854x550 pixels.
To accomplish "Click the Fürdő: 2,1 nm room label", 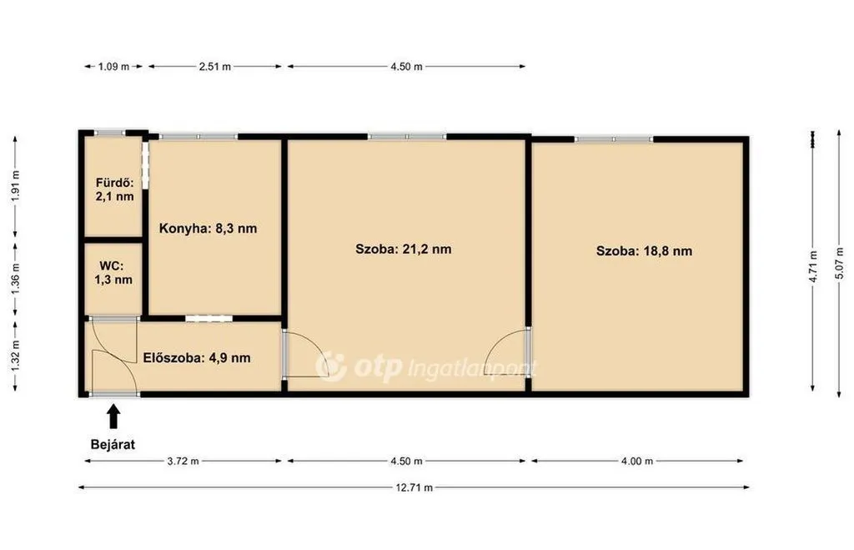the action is pyautogui.click(x=114, y=189).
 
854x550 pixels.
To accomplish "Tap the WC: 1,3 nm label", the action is pyautogui.click(x=113, y=273).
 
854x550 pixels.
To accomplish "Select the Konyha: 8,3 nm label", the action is pyautogui.click(x=208, y=229).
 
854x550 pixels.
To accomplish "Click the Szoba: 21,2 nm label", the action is pyautogui.click(x=403, y=249).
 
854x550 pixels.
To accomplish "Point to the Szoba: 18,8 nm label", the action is pyautogui.click(x=644, y=251).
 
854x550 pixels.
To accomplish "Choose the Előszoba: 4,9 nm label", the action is pyautogui.click(x=197, y=358).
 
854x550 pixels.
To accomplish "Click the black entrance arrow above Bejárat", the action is pyautogui.click(x=113, y=416).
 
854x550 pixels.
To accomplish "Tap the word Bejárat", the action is pyautogui.click(x=113, y=444).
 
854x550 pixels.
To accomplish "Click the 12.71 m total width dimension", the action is pyautogui.click(x=414, y=487).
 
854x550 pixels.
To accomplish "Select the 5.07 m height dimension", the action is pyautogui.click(x=839, y=265).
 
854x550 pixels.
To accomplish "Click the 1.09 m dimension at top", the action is pyautogui.click(x=113, y=67).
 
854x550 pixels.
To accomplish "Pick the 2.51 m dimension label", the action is pyautogui.click(x=214, y=67).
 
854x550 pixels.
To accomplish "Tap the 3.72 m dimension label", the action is pyautogui.click(x=183, y=462).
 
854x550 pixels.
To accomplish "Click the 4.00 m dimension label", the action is pyautogui.click(x=636, y=462).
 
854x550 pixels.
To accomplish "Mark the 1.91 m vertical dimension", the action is pyautogui.click(x=15, y=186).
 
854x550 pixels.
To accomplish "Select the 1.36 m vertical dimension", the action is pyautogui.click(x=15, y=279).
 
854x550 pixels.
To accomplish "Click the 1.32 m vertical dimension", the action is pyautogui.click(x=15, y=356).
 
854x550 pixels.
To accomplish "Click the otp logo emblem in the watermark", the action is pyautogui.click(x=330, y=366).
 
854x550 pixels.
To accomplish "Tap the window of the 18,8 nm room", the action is pyautogui.click(x=613, y=139).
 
